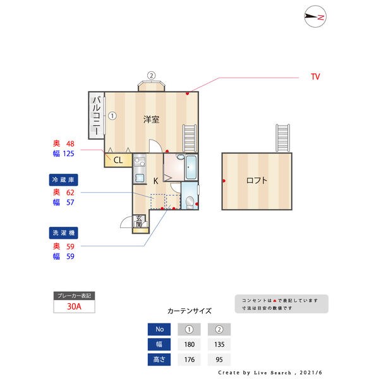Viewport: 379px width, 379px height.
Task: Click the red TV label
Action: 315,76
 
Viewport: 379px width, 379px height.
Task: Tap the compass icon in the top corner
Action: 315,17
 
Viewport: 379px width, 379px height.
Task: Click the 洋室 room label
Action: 150,119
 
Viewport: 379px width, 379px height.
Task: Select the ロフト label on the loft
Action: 256,181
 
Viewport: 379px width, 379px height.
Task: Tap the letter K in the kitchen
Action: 155,181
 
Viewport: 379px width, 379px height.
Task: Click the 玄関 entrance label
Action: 139,222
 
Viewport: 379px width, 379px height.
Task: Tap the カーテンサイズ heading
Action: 189,311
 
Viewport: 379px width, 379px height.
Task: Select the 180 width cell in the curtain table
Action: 189,345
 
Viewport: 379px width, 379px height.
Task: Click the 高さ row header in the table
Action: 159,361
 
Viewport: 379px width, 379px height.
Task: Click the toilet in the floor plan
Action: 189,202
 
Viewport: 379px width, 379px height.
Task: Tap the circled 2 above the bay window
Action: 152,75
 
